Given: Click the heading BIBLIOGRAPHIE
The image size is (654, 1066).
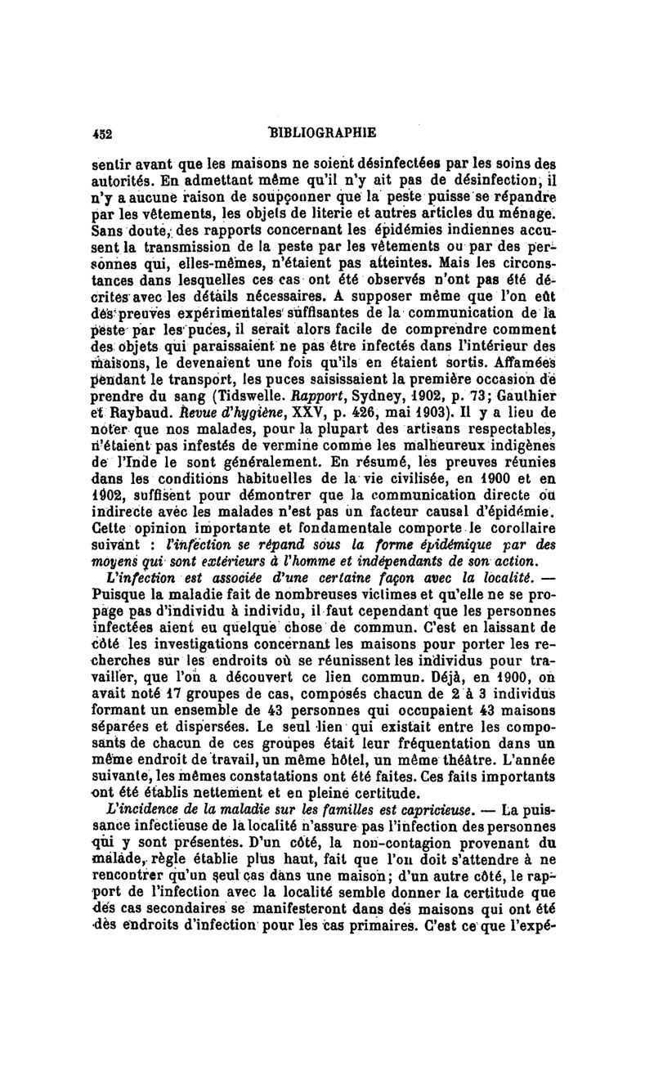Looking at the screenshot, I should tap(325, 132).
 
